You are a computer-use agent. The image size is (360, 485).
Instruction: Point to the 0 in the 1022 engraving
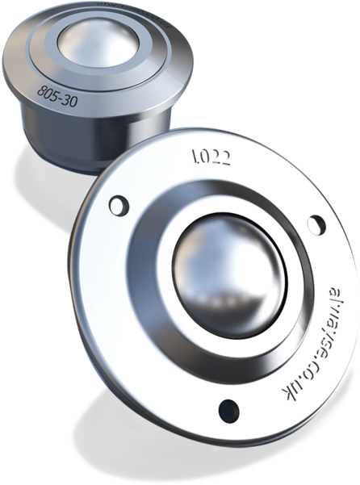click(207, 156)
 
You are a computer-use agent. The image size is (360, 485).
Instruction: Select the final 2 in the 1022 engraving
click(227, 158)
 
